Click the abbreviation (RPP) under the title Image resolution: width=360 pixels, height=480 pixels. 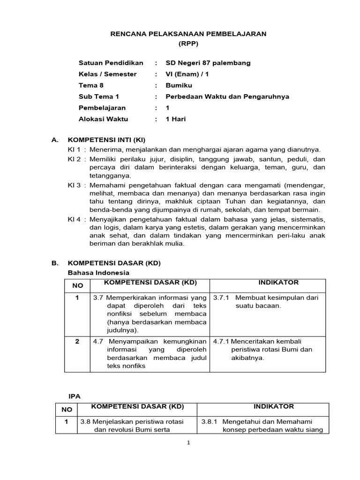(x=188, y=44)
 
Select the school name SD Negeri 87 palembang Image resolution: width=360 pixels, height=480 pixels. (x=208, y=63)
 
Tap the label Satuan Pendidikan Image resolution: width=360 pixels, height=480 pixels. (x=111, y=63)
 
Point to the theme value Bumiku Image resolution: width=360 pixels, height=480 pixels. (x=179, y=85)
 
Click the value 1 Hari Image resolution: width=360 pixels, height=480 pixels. (x=176, y=119)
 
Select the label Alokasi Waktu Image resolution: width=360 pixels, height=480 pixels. (x=103, y=119)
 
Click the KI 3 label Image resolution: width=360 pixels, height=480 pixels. (x=75, y=185)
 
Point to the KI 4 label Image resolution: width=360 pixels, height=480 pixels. (x=75, y=219)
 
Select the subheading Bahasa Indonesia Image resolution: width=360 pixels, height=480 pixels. (x=98, y=272)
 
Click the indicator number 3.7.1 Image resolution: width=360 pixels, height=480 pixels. (x=221, y=298)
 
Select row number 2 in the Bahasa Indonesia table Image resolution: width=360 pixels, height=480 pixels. (x=77, y=341)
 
